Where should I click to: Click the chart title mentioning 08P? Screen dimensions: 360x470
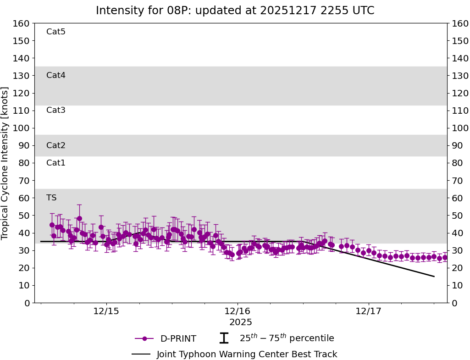tap(235, 11)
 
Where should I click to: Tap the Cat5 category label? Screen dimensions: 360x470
tap(56, 32)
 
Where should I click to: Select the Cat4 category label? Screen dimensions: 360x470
tap(56, 75)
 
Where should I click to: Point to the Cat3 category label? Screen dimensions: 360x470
tap(56, 110)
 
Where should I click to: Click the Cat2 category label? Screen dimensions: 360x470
tap(56, 145)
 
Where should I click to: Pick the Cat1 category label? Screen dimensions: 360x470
tap(56, 163)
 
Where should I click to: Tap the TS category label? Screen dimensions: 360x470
tap(51, 198)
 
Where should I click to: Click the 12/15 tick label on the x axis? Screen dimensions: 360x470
tap(106, 311)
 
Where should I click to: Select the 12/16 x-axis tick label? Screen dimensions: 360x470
tap(237, 311)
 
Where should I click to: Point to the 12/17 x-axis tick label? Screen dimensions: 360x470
tap(369, 311)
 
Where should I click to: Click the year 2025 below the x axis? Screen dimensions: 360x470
tap(241, 322)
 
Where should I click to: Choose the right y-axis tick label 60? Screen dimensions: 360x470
tap(457, 198)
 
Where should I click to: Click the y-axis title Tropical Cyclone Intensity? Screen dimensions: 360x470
tap(6, 163)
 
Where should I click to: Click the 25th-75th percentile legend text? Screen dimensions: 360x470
tap(287, 338)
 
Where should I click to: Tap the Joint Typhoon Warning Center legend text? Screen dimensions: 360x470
tap(247, 354)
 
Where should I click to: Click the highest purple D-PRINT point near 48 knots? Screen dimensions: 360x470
tap(79, 218)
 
